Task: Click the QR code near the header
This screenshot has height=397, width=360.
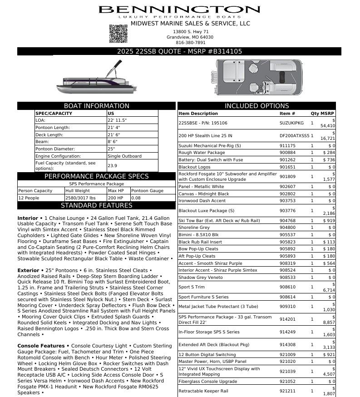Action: point(118,34)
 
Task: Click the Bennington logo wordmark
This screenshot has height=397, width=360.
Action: point(179,10)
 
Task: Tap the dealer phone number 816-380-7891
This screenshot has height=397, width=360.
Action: point(190,43)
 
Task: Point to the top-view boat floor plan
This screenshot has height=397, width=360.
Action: point(257,77)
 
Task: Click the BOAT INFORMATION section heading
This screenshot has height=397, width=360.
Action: point(96,106)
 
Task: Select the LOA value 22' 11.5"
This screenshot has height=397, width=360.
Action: point(117,120)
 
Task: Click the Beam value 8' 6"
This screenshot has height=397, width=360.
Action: point(113,142)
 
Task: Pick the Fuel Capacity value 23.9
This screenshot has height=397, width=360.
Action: point(112,166)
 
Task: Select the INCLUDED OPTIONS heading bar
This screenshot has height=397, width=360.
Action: point(256,106)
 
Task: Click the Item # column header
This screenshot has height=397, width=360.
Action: point(287,114)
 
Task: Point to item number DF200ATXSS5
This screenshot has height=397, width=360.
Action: point(294,136)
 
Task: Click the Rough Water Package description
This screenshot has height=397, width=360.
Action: point(202,153)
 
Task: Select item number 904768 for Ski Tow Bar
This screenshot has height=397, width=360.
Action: point(287,221)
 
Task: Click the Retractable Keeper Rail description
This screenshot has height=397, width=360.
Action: point(203,391)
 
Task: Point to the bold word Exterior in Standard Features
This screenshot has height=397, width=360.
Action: point(29,271)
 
